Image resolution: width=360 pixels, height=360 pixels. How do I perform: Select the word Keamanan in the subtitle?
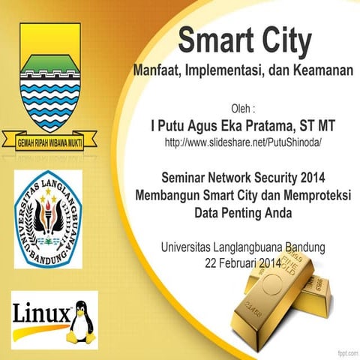pos(319,73)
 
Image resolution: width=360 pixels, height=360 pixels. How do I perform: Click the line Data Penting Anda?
pos(244,212)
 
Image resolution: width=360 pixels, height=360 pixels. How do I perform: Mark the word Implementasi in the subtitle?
pos(232,73)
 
